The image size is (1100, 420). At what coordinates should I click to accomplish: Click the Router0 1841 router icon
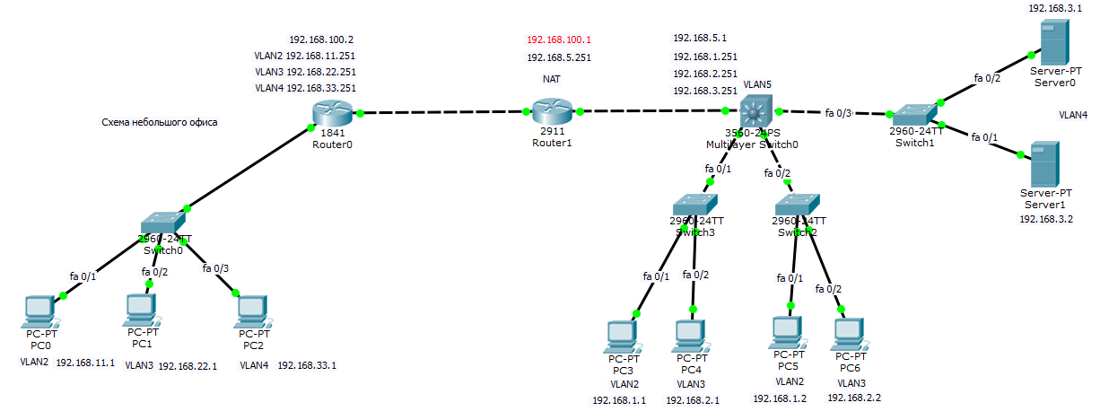[x=331, y=113]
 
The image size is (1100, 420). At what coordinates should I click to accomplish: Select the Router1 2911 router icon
[x=552, y=111]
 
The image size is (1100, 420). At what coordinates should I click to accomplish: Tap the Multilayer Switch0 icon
[x=753, y=112]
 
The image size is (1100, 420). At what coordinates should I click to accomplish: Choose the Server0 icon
[x=1052, y=43]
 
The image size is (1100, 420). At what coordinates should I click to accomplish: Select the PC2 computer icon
[x=253, y=311]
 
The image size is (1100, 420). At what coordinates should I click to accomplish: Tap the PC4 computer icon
[x=690, y=335]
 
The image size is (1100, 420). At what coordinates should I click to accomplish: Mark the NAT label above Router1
[x=552, y=79]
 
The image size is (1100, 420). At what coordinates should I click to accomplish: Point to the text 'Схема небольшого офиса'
[x=160, y=122]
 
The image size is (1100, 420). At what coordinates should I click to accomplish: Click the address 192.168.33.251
[x=321, y=88]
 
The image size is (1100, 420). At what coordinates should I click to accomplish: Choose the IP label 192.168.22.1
[x=188, y=365]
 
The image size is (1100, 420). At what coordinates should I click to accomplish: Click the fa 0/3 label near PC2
[x=215, y=267]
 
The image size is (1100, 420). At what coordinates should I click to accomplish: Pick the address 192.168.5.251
[x=559, y=57]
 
